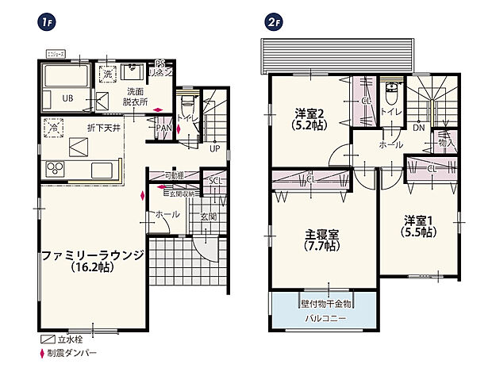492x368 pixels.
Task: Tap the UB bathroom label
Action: (68, 98)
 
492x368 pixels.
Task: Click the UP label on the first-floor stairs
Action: (214, 148)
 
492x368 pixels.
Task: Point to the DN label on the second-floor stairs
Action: (418, 127)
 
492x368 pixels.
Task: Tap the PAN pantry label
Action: (163, 127)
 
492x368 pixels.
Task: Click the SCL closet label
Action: (214, 181)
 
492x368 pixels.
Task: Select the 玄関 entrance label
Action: (208, 216)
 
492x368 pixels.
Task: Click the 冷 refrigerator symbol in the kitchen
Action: (55, 127)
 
